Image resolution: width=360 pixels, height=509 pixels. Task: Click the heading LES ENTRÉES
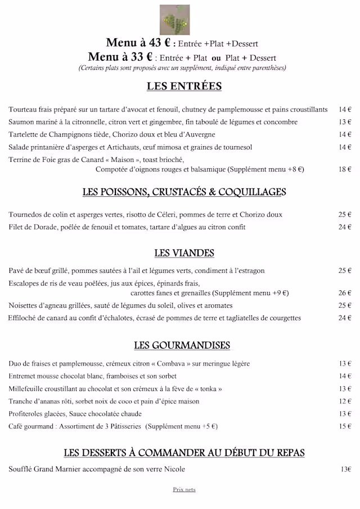coord(184,87)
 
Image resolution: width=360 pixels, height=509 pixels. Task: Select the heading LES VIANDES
coord(184,253)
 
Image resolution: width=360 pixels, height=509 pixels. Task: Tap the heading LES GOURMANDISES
coord(182,345)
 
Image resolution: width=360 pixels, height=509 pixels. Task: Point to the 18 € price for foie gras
coord(345,169)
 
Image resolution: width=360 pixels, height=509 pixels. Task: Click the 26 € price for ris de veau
coord(345,293)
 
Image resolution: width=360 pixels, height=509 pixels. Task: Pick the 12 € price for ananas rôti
coord(345,402)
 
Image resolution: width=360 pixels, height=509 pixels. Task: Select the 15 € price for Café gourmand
coord(345,426)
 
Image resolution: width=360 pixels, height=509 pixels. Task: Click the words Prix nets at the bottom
coord(184,490)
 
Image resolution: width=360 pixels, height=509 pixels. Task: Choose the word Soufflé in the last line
coord(21,469)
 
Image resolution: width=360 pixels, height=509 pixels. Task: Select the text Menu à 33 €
coord(120,57)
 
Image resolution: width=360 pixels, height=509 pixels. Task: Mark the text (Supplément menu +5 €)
coord(181,426)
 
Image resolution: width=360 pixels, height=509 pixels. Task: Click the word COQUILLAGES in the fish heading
coord(253,192)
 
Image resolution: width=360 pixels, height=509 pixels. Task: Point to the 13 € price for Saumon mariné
coord(345,122)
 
